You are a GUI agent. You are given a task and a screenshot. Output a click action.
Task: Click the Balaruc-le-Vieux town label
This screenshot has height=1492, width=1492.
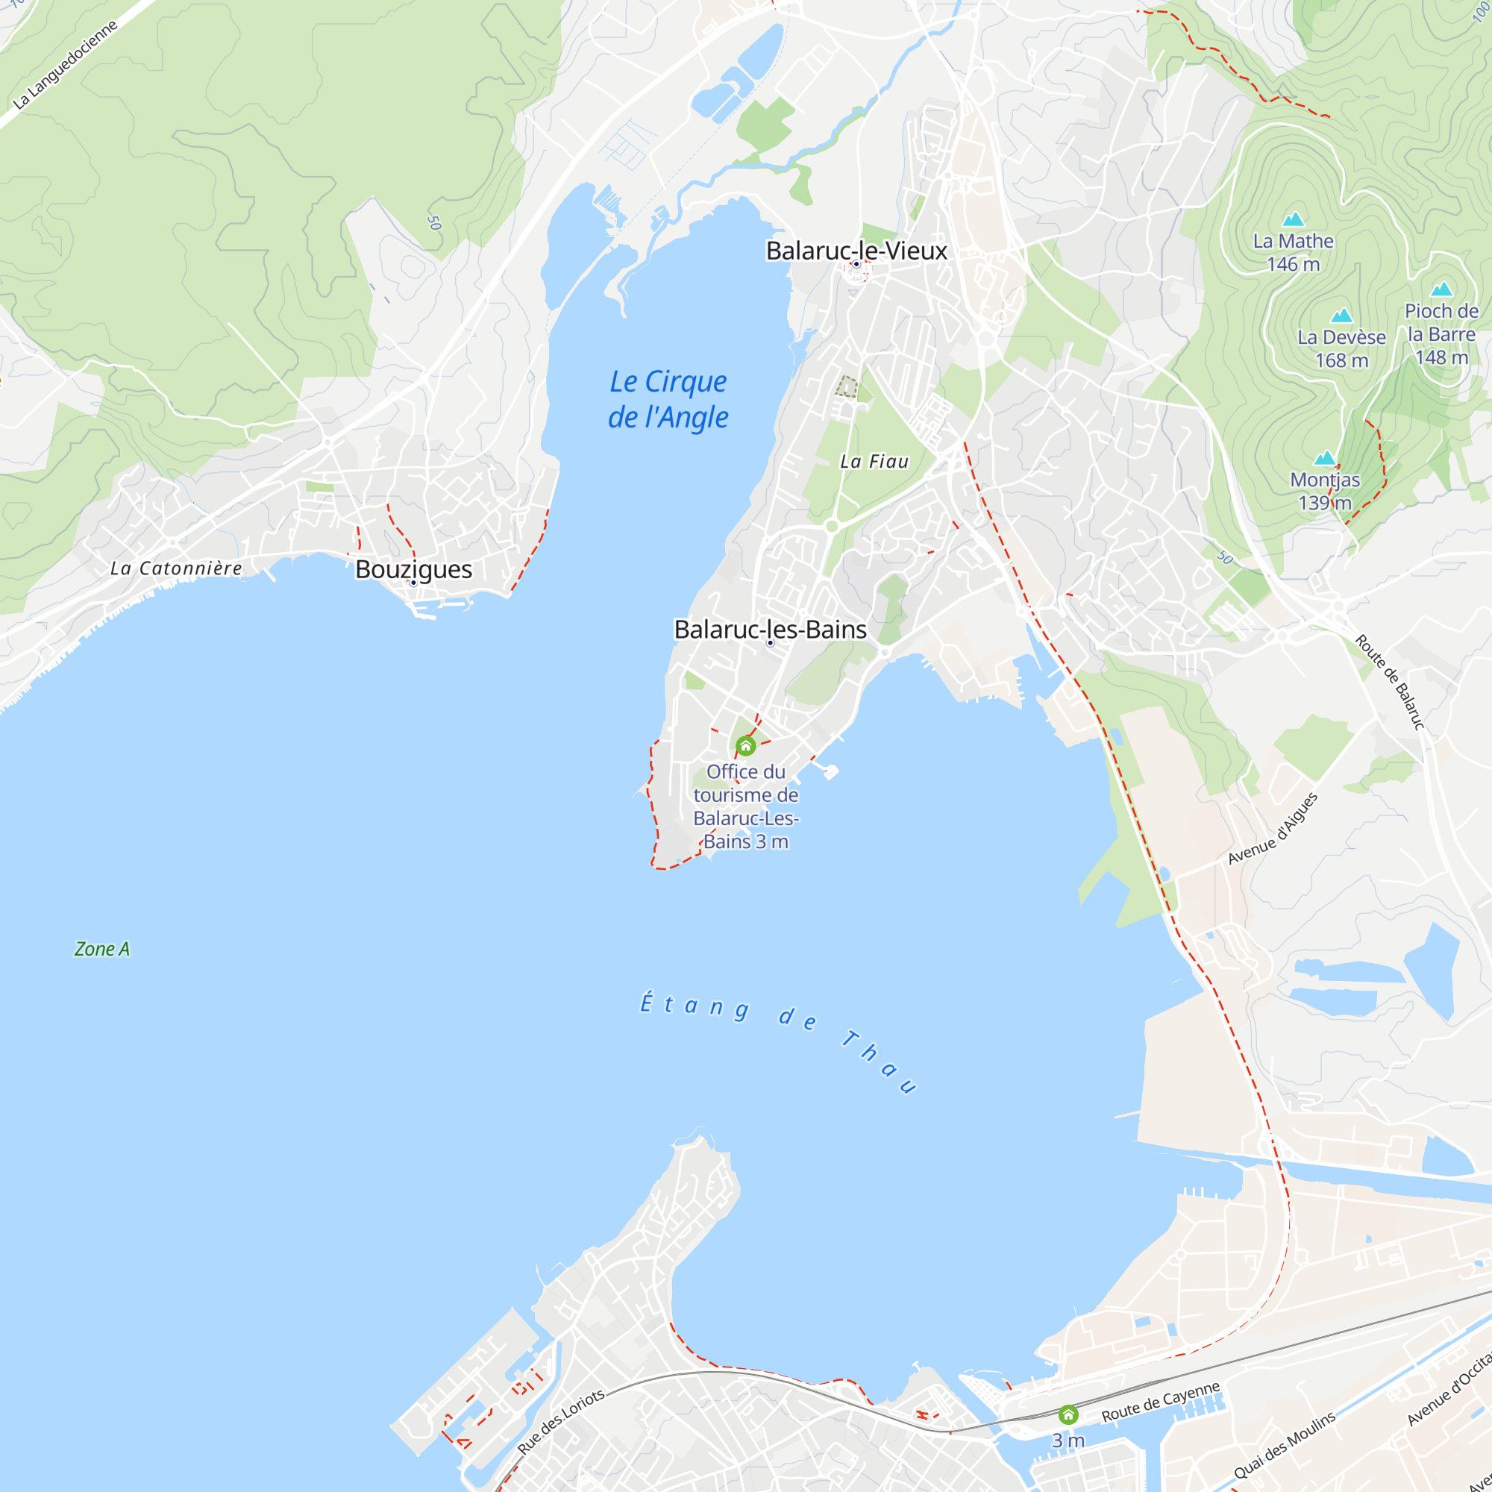[856, 250]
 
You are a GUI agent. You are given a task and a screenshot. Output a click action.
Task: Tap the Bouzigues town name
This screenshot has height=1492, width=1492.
[413, 569]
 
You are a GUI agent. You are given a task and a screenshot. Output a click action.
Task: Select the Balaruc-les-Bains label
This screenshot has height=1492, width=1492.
[770, 630]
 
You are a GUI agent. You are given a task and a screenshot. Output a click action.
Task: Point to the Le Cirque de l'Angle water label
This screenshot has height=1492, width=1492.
[668, 399]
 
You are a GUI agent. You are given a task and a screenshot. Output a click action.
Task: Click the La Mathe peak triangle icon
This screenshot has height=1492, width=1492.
[1293, 220]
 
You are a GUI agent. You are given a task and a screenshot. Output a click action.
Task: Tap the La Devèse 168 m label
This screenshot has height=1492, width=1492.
[1341, 348]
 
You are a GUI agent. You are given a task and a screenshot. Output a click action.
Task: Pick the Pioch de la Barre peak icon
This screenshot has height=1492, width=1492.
[1441, 289]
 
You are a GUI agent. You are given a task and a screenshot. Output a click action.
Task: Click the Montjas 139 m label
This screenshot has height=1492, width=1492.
[1324, 491]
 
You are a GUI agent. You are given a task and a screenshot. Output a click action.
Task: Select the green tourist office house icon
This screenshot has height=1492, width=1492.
[745, 746]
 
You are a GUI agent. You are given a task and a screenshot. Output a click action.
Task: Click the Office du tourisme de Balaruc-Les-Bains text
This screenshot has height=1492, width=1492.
[745, 806]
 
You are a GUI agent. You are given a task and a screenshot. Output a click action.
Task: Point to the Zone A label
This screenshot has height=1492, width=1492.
[102, 949]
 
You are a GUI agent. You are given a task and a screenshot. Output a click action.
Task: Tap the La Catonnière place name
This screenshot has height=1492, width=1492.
[176, 568]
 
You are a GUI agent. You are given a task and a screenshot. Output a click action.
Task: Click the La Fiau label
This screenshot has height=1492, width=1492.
[874, 462]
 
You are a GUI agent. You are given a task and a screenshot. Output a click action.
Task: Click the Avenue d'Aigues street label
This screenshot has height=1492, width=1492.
[1273, 828]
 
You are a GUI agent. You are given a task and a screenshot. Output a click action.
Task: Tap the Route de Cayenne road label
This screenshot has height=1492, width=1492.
[1160, 1402]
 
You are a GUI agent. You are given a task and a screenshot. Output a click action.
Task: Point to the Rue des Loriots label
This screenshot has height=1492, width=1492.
[561, 1423]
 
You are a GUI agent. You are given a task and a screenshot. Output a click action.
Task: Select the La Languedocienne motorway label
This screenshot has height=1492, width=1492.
[66, 63]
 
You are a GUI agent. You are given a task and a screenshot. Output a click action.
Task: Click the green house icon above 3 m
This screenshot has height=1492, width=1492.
[1068, 1414]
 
